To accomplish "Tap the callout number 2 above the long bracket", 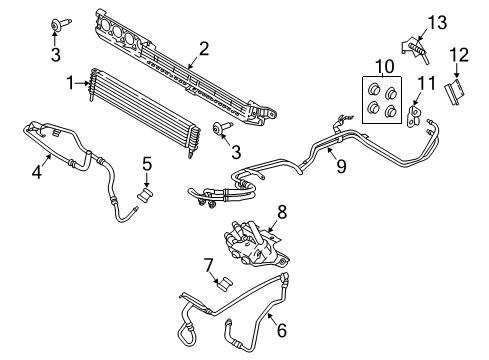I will [203, 46].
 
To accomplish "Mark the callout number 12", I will [458, 53].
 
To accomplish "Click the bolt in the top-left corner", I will [57, 25].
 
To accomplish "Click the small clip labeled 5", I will [146, 190].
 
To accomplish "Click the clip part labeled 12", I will [455, 92].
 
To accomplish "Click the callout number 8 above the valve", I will [282, 211].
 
